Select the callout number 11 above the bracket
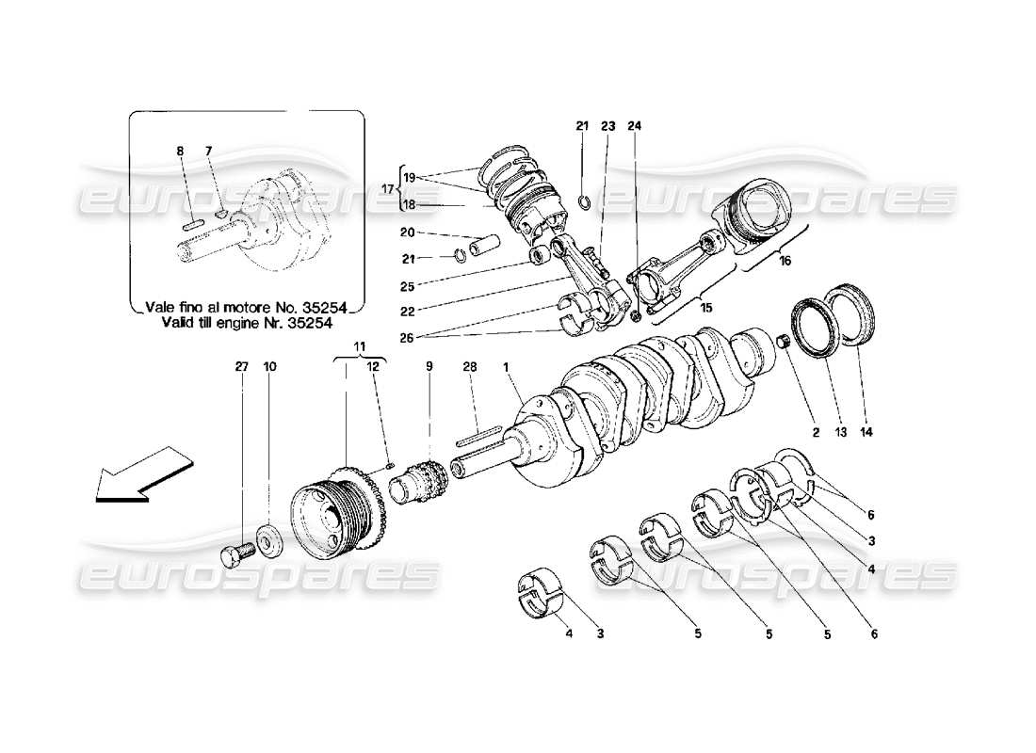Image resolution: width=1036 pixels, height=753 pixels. tap(359, 347)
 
